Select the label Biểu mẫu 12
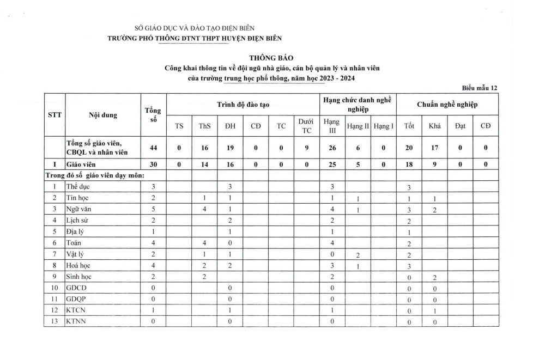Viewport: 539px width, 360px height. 480,88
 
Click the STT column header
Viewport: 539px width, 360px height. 54,114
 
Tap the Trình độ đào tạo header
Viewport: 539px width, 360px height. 243,104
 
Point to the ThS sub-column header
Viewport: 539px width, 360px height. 204,126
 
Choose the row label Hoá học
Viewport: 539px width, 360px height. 79,266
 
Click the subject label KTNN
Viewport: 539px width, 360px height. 76,322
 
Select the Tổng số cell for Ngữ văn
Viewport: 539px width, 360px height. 153,209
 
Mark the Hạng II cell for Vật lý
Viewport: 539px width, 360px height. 358,254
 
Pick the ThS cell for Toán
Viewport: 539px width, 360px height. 204,243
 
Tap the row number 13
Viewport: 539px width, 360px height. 54,322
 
